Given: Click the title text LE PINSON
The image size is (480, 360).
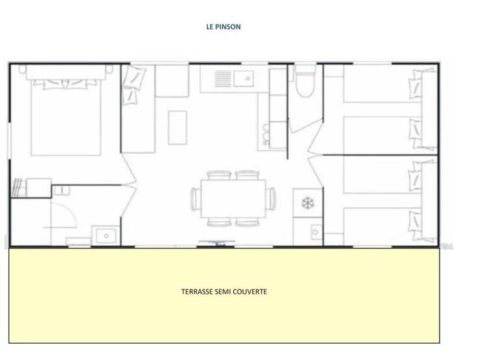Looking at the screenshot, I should tap(223, 28).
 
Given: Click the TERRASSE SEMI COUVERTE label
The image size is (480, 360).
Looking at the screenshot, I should tap(224, 292).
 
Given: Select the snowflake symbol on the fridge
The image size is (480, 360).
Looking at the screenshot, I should tap(307, 203).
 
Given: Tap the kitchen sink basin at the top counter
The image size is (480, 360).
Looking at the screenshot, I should tap(243, 80).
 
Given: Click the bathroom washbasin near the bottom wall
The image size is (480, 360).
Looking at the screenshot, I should tap(106, 236).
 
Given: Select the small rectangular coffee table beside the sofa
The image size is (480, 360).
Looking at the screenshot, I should tap(176, 126).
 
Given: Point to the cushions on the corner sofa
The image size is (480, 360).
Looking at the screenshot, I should tap(133, 88).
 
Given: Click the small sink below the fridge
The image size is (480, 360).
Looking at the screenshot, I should tap(315, 232).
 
